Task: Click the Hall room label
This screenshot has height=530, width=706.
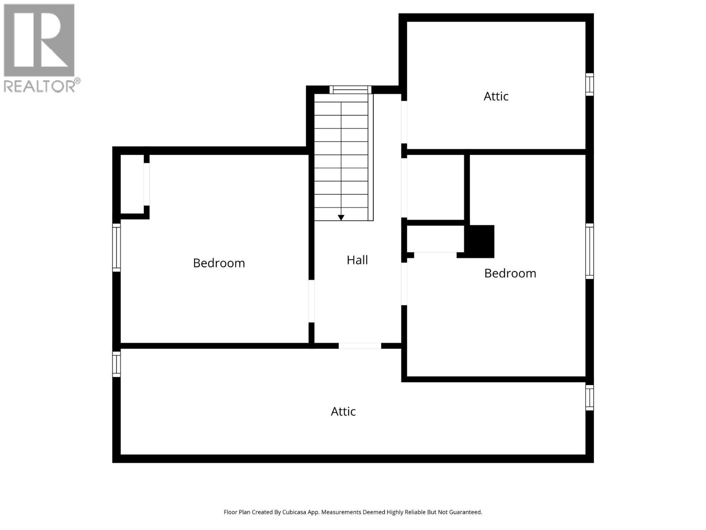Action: point(357,260)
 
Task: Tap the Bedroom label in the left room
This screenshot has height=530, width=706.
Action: point(219,263)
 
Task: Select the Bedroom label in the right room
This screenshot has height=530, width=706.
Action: point(510,273)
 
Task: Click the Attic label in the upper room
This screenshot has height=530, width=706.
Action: point(496,96)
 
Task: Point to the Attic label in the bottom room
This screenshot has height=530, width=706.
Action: point(343,412)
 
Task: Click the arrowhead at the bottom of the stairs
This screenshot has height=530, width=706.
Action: point(341,218)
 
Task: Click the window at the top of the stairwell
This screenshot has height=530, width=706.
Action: point(350,90)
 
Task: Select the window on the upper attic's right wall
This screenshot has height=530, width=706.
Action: point(590,84)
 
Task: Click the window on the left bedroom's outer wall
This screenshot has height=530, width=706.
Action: point(116,247)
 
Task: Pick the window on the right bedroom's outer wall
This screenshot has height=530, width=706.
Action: point(590,251)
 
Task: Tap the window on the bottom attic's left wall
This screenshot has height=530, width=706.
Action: point(116,364)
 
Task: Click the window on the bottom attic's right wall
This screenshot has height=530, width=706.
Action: point(590,397)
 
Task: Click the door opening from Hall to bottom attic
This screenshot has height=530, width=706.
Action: point(360,346)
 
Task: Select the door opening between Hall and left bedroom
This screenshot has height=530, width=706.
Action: point(311,301)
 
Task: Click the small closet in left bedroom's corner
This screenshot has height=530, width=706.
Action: point(132,184)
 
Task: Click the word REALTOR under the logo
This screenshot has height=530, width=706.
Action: point(40,86)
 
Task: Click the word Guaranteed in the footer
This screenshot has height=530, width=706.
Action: point(466,512)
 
